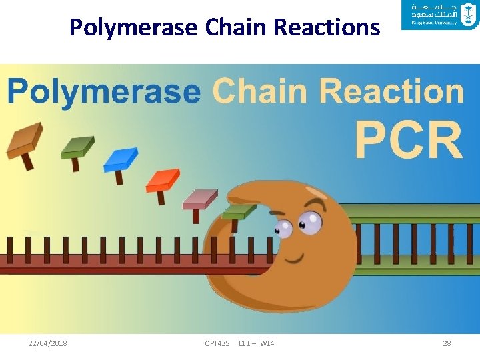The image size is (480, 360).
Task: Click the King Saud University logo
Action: coord(440,16)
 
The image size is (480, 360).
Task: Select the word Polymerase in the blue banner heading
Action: coord(103,92)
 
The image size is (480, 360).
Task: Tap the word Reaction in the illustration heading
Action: coord(391,91)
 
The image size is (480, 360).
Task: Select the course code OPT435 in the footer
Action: coord(217,343)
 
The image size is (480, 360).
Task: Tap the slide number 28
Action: coord(447,343)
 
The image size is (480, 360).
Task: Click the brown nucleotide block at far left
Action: coord(24,140)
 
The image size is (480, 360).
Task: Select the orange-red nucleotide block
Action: coord(163,180)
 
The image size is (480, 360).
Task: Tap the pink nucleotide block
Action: coord(200,198)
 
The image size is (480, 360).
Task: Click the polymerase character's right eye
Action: coord(310,222)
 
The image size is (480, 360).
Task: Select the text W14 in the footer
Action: coord(267,343)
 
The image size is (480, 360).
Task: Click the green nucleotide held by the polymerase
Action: coord(238,212)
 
